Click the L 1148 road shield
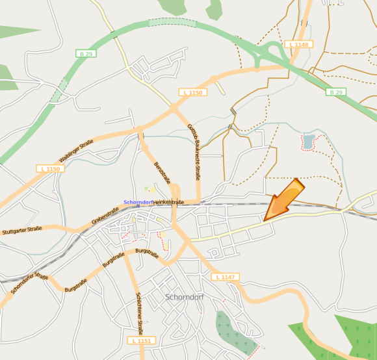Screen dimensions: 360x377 pos(298,44)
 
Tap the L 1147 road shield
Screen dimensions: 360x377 pos(224,277)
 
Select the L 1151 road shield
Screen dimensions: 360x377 pos(140,340)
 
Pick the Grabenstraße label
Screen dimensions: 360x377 pos(105,215)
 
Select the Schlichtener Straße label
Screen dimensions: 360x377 pos(140,312)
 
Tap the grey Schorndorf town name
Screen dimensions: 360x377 pos(186,298)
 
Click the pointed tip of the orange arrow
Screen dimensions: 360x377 pos(265,220)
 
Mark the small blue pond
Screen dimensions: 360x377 pos(307,140)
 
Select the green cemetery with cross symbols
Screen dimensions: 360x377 pos(234,332)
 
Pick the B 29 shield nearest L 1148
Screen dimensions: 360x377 pos(335,92)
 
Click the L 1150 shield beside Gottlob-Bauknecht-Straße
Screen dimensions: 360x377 pos(193,93)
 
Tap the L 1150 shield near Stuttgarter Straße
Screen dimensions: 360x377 pos(49,169)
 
